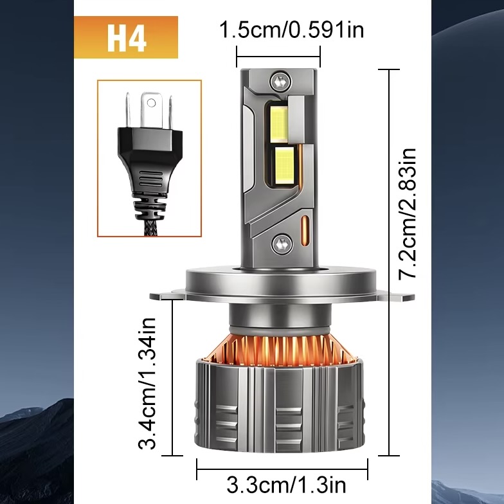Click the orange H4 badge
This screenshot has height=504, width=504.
click(126, 37)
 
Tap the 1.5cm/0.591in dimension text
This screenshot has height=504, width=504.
click(292, 30)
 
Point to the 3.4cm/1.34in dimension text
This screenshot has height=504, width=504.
click(147, 383)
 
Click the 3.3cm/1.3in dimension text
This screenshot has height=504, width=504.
click(286, 485)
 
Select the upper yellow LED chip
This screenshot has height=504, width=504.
click(279, 123)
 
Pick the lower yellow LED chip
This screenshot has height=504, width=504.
click(285, 166)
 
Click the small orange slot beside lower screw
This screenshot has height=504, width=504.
click(305, 229)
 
